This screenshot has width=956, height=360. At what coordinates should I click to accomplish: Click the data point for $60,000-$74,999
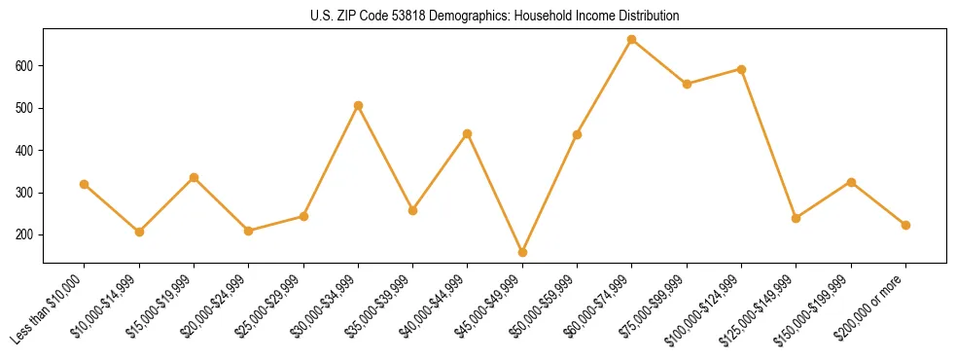coord(632,40)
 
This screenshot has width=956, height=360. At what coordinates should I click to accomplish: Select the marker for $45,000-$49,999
coord(522,252)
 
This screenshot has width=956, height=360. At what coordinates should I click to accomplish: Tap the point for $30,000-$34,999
coord(358,105)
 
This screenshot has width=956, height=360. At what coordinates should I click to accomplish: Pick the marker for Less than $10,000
coord(85,184)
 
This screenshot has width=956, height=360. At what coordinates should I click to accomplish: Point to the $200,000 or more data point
coord(905,225)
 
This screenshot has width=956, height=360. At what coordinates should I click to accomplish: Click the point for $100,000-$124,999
coord(741,69)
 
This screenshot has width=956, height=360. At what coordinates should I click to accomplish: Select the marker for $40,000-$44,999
coord(468,133)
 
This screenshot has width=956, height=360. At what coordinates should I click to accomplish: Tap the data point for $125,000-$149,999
coord(797,218)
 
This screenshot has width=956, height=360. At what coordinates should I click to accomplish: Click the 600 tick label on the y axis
coord(27,65)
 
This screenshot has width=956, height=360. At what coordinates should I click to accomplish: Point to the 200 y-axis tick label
coord(27,235)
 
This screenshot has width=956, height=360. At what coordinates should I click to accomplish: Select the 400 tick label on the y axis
coord(27,151)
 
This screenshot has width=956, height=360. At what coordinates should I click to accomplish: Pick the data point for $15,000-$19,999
coord(194,178)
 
